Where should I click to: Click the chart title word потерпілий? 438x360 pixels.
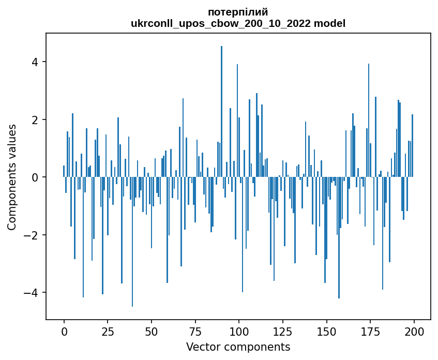[x=238, y=12]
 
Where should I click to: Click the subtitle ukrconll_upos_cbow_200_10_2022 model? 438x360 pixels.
[x=238, y=23]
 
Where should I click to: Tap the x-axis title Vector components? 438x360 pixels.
[x=238, y=347]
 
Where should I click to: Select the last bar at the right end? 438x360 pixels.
[x=412, y=146]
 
